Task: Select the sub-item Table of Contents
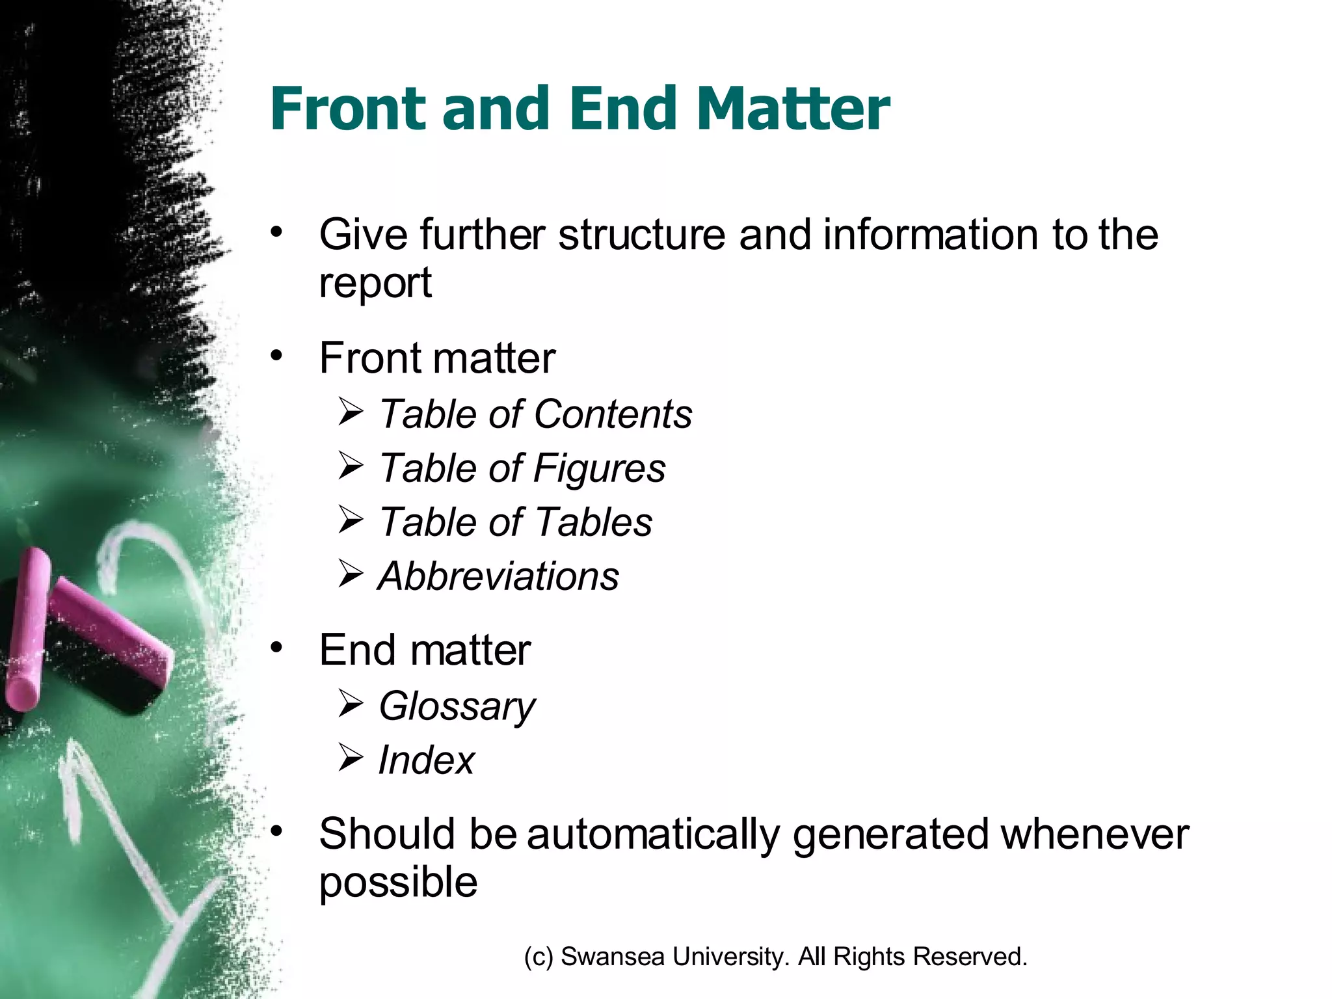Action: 535,414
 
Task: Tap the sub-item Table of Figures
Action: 522,468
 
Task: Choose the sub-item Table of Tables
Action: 515,522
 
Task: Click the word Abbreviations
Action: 498,576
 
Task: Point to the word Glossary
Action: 457,706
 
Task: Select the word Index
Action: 426,760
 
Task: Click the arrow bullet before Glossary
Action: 351,704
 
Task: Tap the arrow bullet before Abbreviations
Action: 351,574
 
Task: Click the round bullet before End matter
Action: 277,647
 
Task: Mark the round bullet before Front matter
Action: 277,356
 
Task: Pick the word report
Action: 375,284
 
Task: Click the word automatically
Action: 652,835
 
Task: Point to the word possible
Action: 398,883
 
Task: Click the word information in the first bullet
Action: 930,235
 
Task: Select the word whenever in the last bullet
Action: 1095,835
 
